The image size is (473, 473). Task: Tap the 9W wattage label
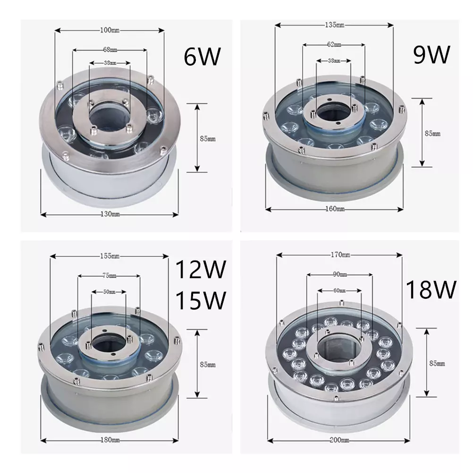point(431,55)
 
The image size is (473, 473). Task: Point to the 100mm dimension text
point(110,31)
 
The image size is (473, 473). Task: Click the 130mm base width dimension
point(110,214)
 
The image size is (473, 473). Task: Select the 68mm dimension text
point(110,49)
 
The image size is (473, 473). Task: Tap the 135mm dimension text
point(334,25)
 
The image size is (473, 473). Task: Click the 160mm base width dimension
point(334,209)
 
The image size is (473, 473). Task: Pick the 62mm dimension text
point(334,44)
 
